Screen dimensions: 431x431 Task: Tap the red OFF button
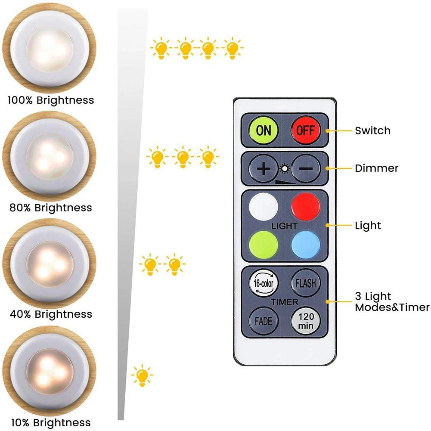tap(306, 130)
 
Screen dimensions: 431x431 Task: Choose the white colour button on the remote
tap(263, 205)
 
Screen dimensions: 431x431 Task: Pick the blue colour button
tap(306, 245)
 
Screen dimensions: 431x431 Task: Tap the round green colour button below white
tap(263, 245)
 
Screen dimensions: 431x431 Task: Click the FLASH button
tap(306, 283)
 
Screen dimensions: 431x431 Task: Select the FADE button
tap(263, 321)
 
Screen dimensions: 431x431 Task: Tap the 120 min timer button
tap(306, 321)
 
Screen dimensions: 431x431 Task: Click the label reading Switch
tap(373, 130)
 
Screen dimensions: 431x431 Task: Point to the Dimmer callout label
tap(377, 168)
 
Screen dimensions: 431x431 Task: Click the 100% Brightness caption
tap(50, 101)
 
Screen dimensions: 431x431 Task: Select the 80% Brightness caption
tap(50, 208)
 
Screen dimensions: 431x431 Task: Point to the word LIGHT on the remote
tap(285, 226)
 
